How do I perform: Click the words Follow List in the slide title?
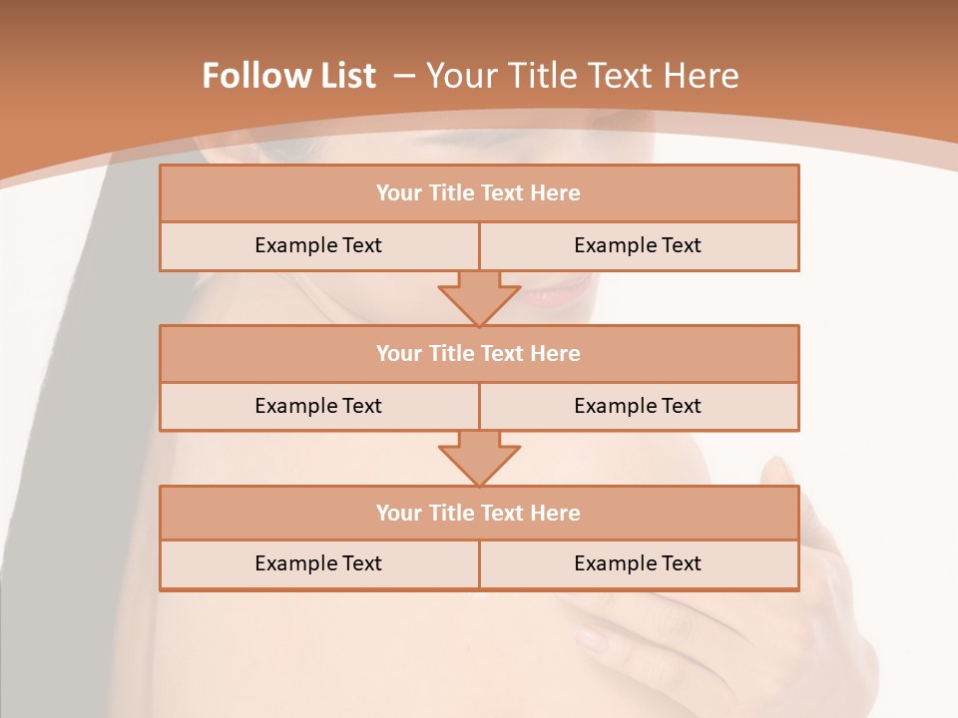point(288,76)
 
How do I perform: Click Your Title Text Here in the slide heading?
point(582,76)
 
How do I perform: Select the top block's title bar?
point(479,193)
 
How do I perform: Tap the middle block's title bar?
point(479,353)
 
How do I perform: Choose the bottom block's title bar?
point(479,513)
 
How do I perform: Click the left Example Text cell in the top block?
point(318,245)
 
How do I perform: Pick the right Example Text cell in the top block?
point(638,245)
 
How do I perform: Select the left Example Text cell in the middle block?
point(318,406)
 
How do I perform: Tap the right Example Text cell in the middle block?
point(638,406)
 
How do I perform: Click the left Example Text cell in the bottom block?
point(318,563)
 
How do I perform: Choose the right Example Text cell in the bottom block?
point(638,563)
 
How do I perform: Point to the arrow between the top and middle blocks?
point(479,297)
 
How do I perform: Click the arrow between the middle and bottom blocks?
point(479,458)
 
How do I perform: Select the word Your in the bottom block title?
point(399,513)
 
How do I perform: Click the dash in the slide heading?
point(404,76)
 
